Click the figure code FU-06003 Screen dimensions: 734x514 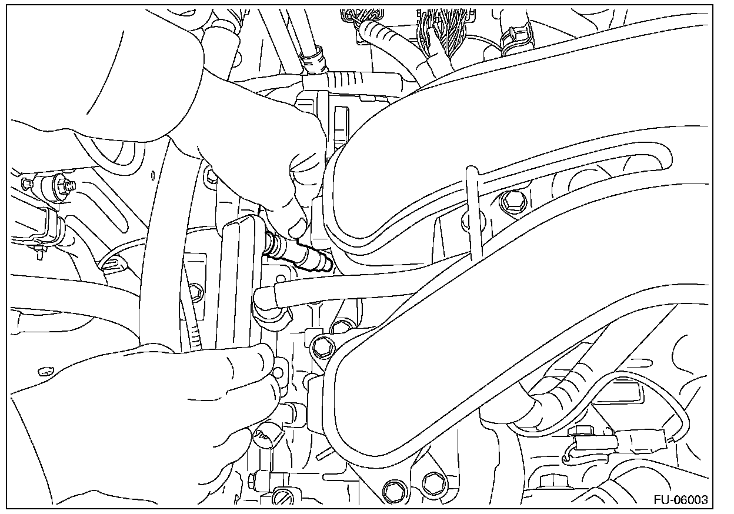(x=680, y=500)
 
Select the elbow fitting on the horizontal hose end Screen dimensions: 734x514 (x=269, y=303)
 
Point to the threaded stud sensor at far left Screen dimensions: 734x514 (x=59, y=188)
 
